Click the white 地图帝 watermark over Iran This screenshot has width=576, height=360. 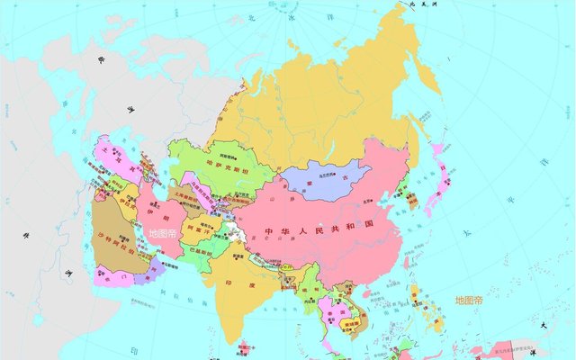coord(164,233)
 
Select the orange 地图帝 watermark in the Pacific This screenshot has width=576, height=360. coord(469,301)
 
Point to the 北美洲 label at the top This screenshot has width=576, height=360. coord(422,5)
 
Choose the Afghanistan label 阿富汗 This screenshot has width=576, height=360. coord(193,229)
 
